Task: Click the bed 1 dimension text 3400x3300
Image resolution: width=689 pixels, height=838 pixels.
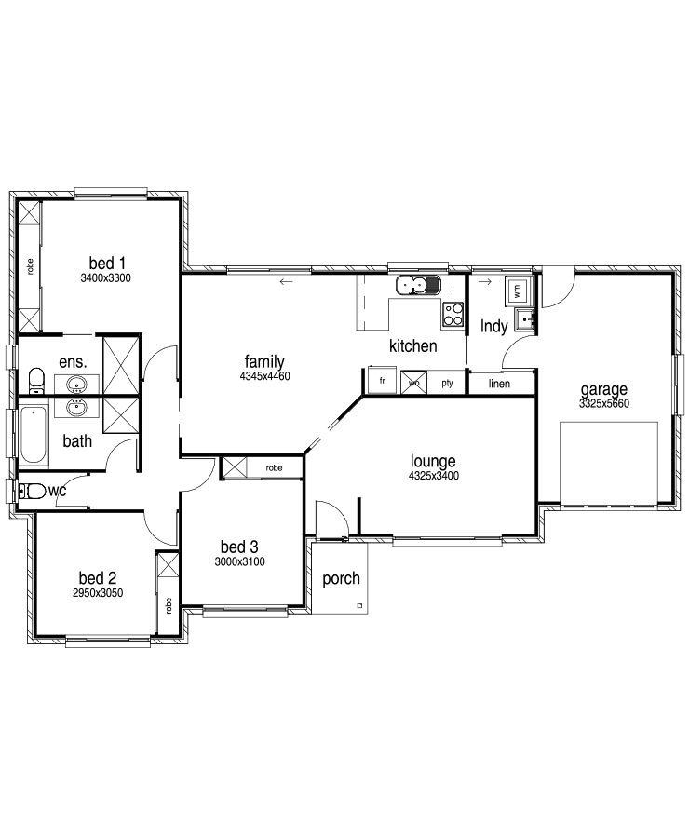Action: pos(105,277)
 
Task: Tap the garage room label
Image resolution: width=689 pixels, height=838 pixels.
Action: pos(603,389)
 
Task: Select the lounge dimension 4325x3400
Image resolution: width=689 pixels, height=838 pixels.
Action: pos(434,476)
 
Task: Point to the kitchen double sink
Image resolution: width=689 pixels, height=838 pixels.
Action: pos(417,286)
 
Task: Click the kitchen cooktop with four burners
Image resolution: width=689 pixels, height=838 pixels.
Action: pos(453,315)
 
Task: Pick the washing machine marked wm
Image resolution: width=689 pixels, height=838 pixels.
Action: pos(517,291)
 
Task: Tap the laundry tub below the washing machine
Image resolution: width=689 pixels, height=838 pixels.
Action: pos(526,320)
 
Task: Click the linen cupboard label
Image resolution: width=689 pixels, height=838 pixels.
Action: pos(499,384)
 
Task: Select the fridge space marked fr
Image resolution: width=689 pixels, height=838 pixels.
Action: pos(382,381)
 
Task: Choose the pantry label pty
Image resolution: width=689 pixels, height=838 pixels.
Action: pos(448,383)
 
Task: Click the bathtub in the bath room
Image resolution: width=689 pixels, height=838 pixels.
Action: pos(34,434)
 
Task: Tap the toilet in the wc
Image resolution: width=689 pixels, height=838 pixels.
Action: pos(32,491)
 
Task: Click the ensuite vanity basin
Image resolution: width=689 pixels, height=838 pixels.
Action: pos(77,384)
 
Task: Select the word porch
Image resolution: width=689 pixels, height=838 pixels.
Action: pos(341,579)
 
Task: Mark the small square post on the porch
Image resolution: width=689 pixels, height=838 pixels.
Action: pos(359,605)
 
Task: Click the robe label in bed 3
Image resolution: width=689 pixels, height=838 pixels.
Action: pos(274,468)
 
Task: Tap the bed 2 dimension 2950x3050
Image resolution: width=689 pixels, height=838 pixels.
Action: pos(98,593)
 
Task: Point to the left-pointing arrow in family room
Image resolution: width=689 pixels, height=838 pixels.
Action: pos(286,281)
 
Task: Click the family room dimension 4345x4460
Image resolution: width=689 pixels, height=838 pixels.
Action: pos(264,376)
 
